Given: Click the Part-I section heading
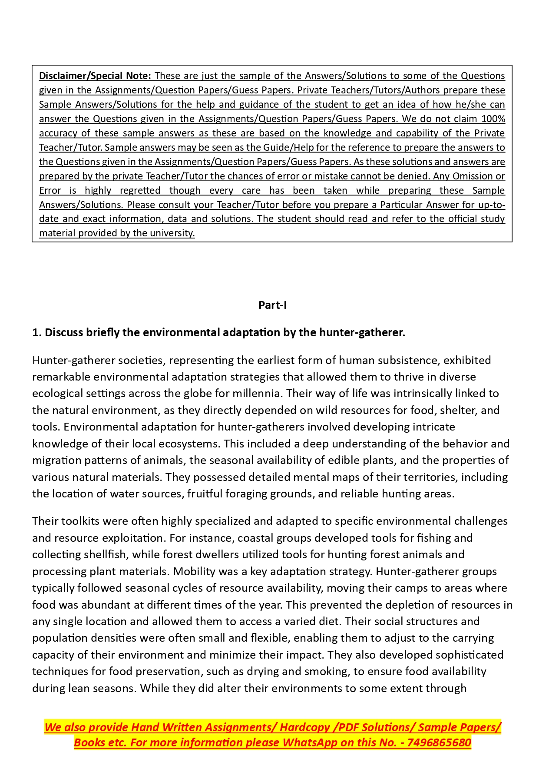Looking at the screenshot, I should coord(272,305).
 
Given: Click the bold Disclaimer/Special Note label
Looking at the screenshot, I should coord(95,76).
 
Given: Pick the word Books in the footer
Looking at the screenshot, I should coord(89,742).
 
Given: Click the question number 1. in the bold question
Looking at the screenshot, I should coord(36,332).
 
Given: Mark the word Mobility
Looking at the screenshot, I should coord(192,571).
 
